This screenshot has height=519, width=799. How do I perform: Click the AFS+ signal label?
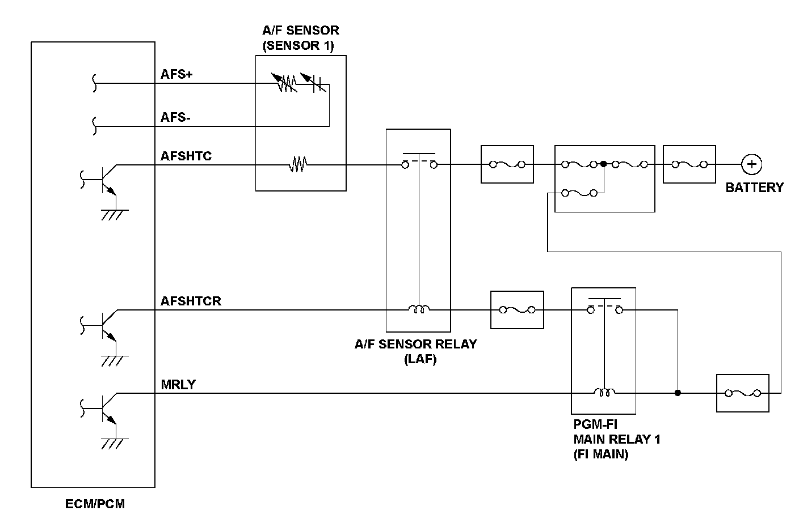(176, 74)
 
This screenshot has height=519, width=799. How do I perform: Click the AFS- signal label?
(175, 117)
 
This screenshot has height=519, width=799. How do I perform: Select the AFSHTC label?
(186, 156)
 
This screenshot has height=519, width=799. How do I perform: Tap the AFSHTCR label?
(191, 301)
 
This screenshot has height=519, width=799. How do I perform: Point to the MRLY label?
(178, 385)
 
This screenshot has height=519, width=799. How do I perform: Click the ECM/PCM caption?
(95, 504)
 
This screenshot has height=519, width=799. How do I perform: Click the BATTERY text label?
(754, 188)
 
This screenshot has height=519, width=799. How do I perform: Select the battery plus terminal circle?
(751, 164)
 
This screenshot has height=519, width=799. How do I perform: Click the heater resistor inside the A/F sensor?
(298, 164)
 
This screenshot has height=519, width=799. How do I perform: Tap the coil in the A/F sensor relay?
(419, 308)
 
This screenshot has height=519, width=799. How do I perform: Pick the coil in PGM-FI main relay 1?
(604, 392)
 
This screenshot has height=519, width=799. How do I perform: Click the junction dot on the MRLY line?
(678, 393)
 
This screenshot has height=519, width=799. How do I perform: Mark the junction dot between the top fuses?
(604, 164)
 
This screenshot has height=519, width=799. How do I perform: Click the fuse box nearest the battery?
(689, 164)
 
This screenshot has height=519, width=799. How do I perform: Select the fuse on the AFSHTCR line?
(517, 310)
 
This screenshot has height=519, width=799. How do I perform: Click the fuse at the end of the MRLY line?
(743, 393)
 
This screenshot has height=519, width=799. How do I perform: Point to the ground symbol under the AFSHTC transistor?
(115, 215)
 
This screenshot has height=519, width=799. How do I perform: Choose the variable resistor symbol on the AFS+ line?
(284, 83)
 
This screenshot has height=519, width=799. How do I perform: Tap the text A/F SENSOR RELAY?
(415, 344)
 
